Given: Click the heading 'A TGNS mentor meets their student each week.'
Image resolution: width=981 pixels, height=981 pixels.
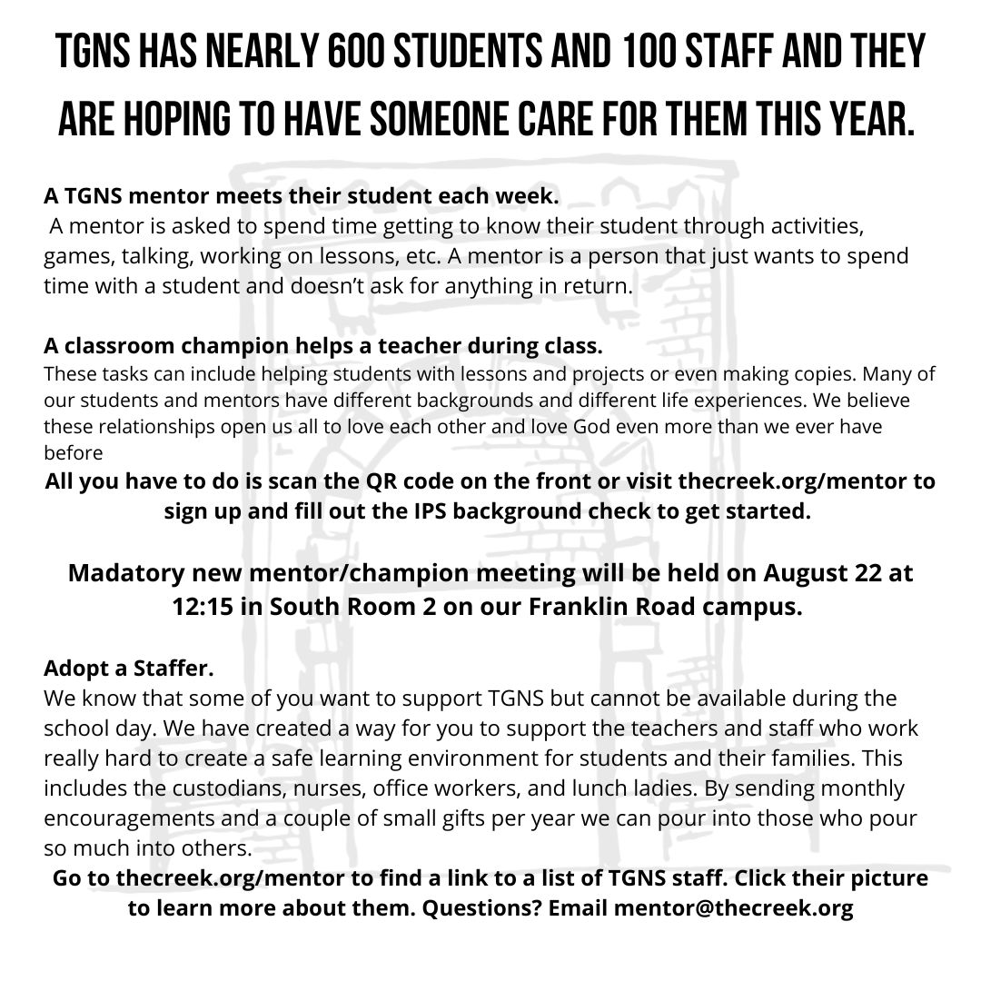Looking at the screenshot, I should point(302,195).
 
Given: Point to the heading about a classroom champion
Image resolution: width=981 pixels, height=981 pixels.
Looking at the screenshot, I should point(322,346).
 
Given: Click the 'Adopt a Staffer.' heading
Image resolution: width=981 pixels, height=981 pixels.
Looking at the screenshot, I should point(129,669).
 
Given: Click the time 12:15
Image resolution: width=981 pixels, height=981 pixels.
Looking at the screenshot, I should point(202,607).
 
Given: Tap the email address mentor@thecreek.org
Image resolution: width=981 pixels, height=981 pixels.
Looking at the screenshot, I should point(734,908).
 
